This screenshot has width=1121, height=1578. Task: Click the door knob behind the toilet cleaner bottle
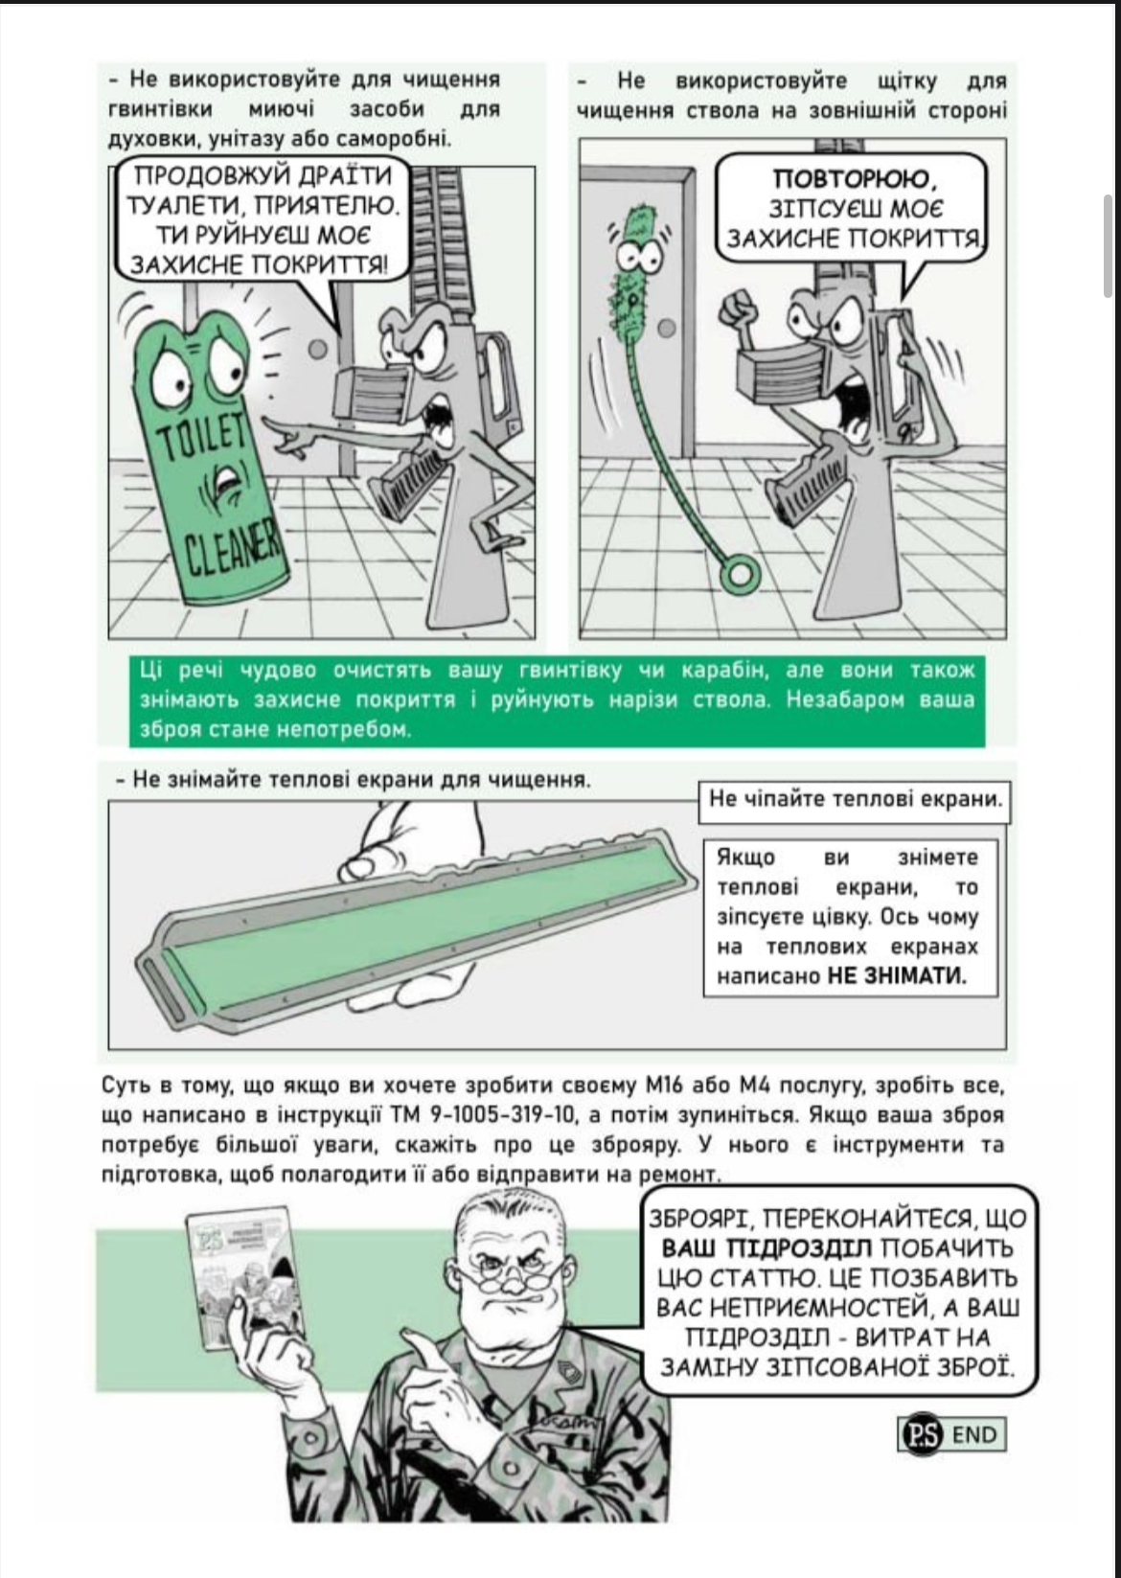coord(318,350)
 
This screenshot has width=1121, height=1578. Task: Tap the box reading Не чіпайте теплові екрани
coord(855,800)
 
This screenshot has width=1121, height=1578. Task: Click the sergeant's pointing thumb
coord(422,1342)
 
